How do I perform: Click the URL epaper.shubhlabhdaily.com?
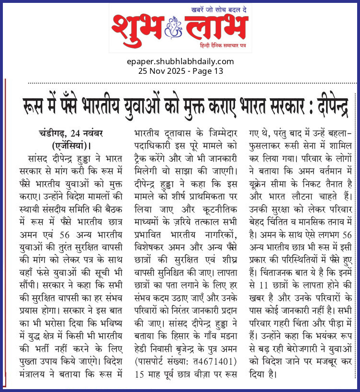coord(180,61)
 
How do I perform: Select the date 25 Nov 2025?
coord(162,71)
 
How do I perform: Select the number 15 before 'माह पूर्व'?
coord(140,359)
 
